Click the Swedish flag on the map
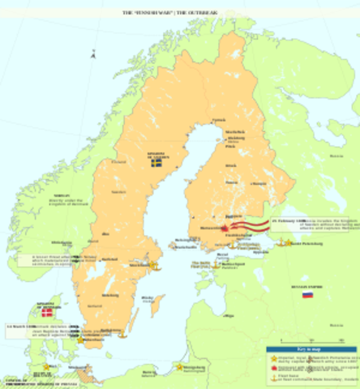pos(156,162)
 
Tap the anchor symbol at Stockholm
pos(154,264)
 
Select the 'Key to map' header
pos(311,345)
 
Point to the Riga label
pos(230,314)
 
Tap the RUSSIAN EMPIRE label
pos(306,285)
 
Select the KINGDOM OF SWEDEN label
pos(156,154)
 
